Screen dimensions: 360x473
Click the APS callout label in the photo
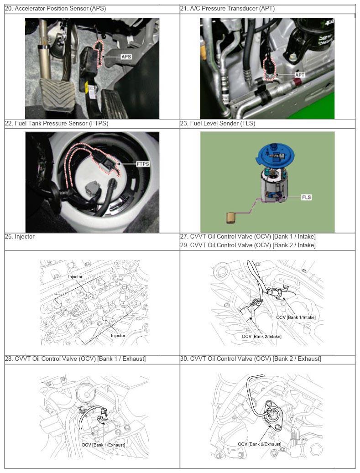coord(126,57)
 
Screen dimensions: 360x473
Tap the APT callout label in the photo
coord(300,75)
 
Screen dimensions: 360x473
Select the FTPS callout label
coord(143,164)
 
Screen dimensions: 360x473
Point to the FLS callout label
coord(306,198)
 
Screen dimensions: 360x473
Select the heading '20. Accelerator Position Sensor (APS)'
coord(56,9)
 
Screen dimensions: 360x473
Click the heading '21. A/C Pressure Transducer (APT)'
coord(228,9)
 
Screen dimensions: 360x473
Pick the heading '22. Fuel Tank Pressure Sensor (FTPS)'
coord(57,123)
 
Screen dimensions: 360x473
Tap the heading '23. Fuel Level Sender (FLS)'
coord(218,123)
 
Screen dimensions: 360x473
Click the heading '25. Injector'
coord(20,237)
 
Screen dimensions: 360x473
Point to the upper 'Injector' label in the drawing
coord(75,276)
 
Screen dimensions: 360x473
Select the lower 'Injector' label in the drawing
coord(118,335)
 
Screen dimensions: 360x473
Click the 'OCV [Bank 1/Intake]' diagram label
coord(296,317)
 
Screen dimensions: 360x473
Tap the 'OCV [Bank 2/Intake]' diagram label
coord(261,336)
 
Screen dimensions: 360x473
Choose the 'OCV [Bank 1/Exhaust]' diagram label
coord(103,445)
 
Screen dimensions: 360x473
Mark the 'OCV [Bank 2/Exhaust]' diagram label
coord(260,444)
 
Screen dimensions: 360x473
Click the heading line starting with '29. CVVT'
coord(248,245)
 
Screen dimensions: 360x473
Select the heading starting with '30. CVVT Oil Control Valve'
coord(251,359)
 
